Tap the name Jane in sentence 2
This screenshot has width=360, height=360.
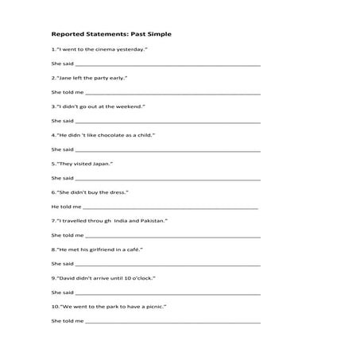(63, 78)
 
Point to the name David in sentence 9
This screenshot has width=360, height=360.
(66, 277)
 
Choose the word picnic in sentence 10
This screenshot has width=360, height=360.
(153, 306)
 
